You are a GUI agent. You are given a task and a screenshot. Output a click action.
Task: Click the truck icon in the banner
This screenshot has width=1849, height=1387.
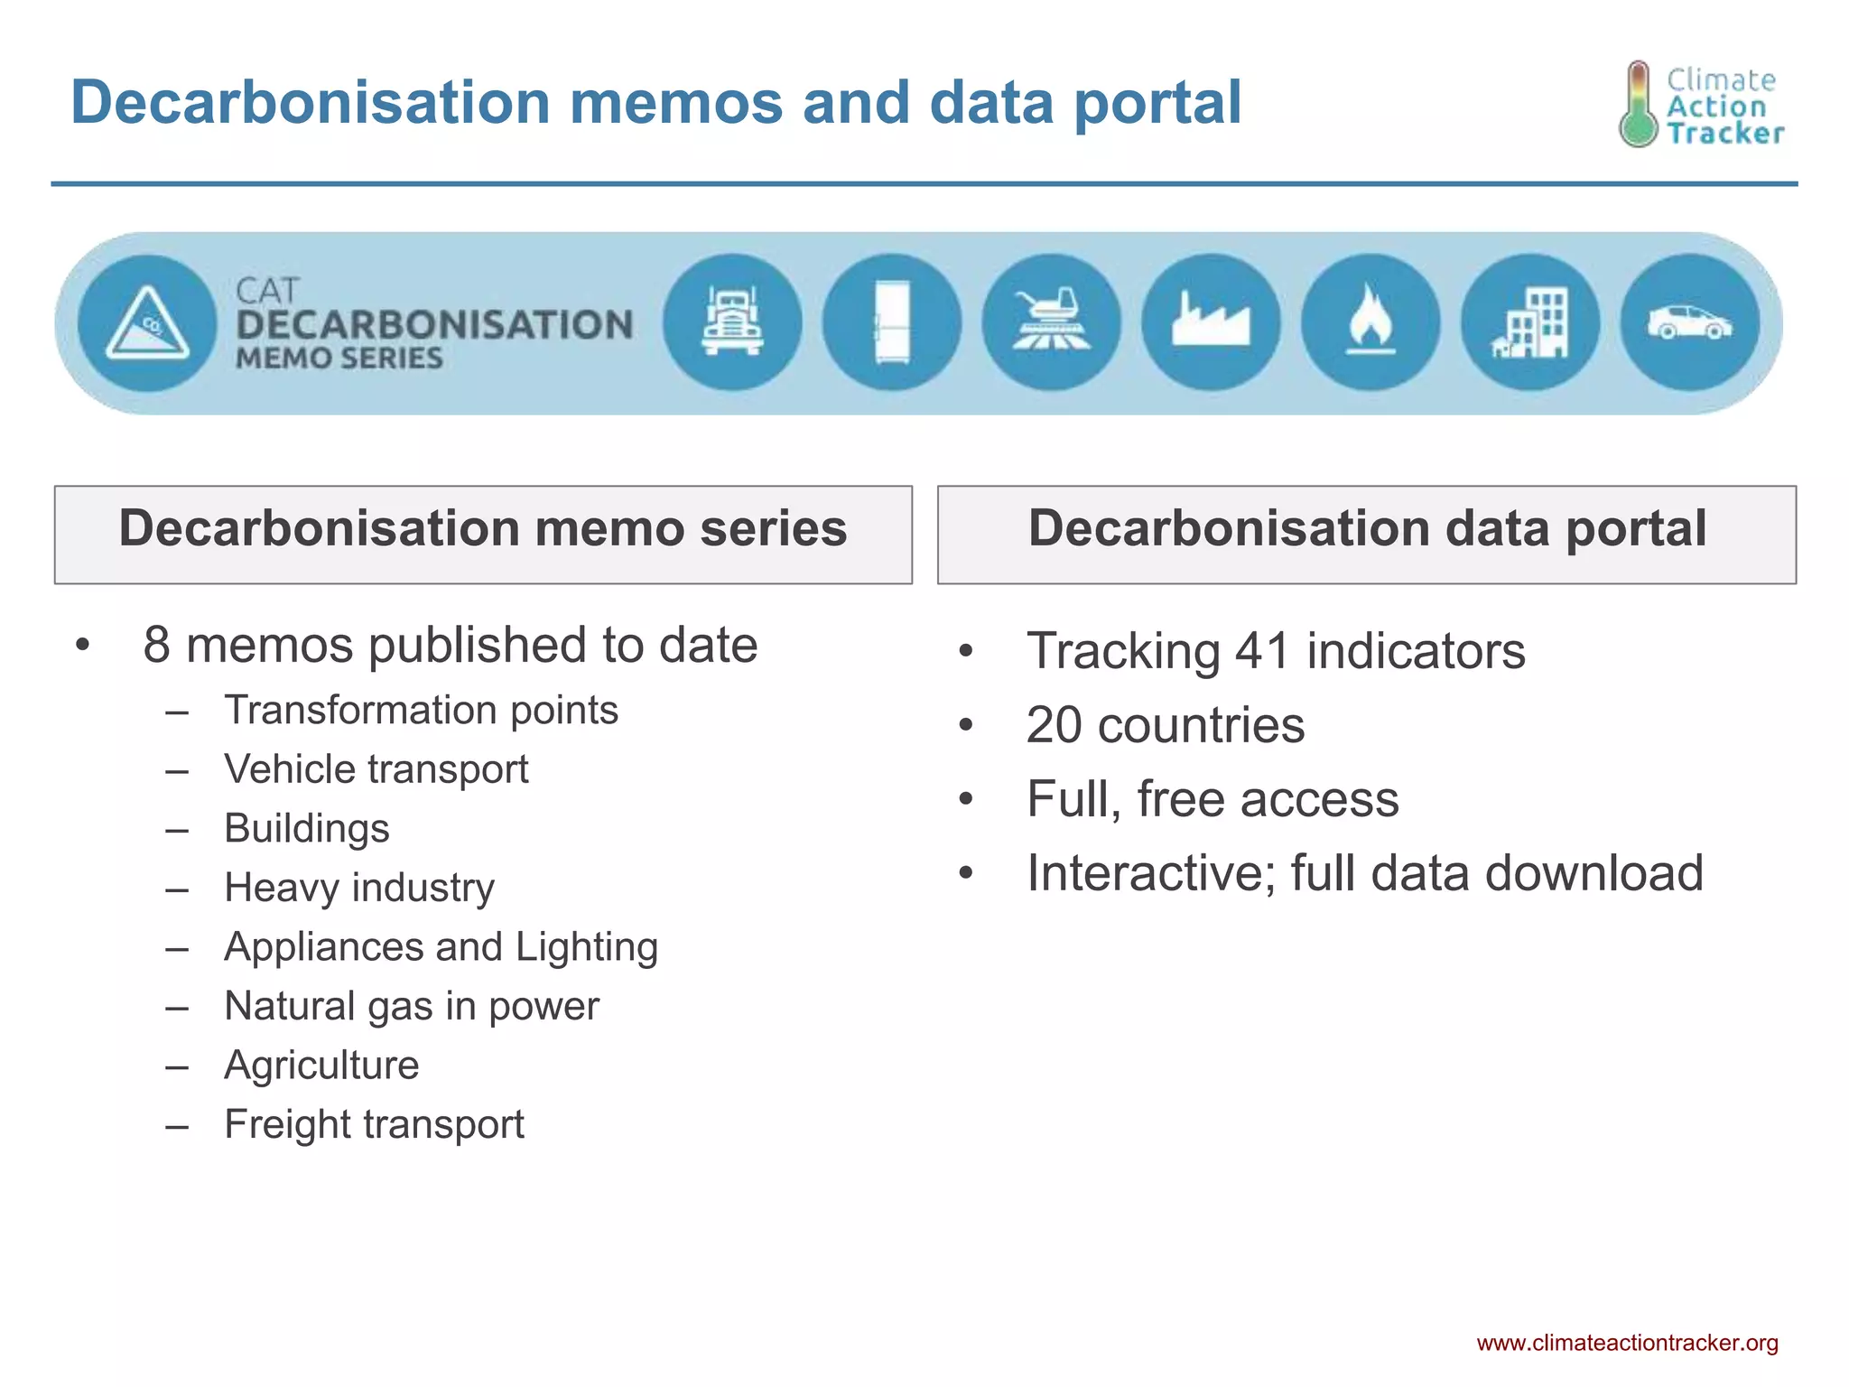[x=732, y=322]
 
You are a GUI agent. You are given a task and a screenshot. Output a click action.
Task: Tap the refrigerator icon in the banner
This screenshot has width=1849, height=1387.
[x=892, y=322]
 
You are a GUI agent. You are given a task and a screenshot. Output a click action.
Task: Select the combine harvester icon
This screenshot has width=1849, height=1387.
[x=1052, y=322]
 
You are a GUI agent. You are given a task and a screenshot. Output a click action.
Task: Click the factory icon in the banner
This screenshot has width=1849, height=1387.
[x=1212, y=322]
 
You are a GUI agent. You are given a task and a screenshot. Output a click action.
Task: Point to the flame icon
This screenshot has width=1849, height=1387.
[x=1370, y=322]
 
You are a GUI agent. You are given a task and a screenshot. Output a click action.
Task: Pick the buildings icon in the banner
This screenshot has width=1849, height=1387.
[x=1530, y=322]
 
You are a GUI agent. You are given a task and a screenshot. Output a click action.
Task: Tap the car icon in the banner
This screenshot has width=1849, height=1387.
[x=1690, y=322]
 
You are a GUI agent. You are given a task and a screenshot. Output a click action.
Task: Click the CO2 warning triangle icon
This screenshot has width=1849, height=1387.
[x=148, y=323]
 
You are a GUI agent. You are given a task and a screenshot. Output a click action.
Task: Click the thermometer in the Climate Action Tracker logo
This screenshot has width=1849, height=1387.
[x=1638, y=105]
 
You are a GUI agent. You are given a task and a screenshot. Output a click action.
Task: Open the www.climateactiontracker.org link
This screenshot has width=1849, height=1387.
[x=1627, y=1343]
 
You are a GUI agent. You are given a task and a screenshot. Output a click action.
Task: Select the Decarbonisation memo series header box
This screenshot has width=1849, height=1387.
[x=483, y=534]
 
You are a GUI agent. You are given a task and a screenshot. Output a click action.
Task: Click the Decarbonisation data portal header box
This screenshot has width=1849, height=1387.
[x=1367, y=534]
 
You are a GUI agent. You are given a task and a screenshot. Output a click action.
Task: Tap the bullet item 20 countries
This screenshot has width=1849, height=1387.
[x=1165, y=725]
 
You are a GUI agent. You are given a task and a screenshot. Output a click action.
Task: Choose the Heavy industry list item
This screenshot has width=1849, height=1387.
[x=359, y=888]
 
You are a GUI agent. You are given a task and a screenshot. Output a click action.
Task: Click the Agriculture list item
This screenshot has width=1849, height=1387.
[x=321, y=1066]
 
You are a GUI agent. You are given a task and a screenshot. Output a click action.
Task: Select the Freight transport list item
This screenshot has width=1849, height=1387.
[x=374, y=1125]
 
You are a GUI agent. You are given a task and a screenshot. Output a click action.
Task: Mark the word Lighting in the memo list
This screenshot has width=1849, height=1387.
[x=587, y=948]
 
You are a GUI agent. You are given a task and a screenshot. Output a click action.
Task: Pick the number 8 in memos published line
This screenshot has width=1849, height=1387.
[x=157, y=646]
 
